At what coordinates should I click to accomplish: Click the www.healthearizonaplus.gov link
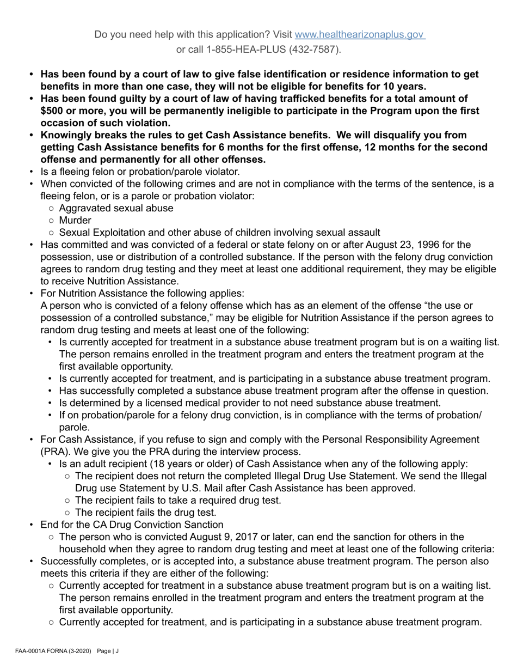[x=359, y=35]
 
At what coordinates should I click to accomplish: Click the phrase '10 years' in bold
[x=405, y=87]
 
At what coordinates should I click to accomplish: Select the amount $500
[x=52, y=111]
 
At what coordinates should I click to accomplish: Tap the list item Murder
[x=75, y=221]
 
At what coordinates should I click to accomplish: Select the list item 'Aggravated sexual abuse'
[x=116, y=209]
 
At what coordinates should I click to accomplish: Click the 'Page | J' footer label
[x=107, y=651]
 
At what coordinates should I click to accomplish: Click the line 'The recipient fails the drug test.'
[x=145, y=513]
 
